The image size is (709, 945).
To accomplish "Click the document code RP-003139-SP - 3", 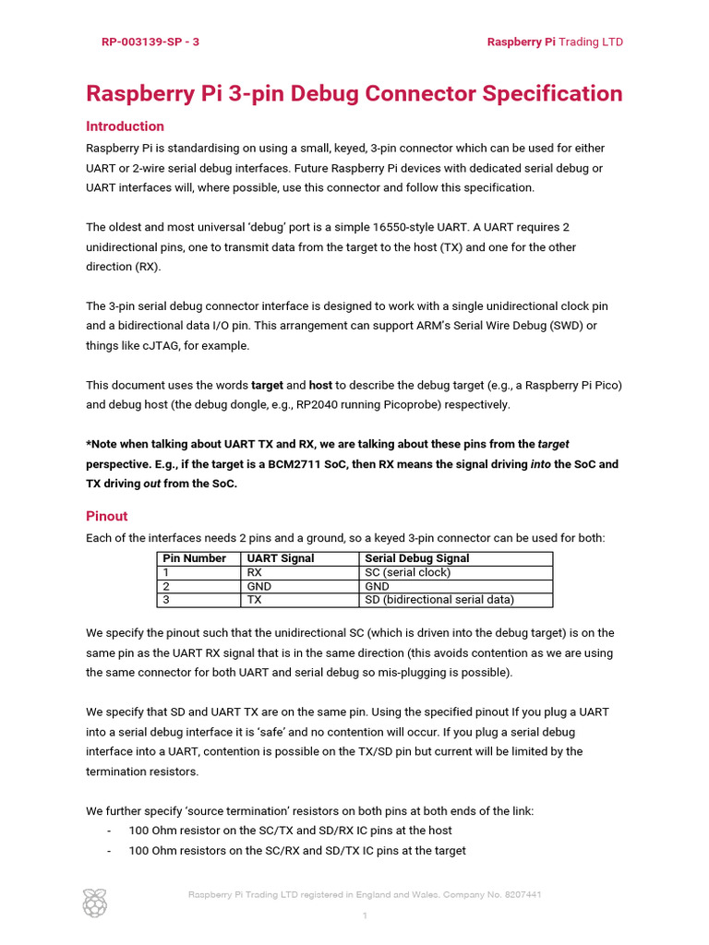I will pyautogui.click(x=150, y=42).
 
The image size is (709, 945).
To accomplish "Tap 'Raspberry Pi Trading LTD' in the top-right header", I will pyautogui.click(x=555, y=42).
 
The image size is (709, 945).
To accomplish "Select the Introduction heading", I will pyautogui.click(x=125, y=126).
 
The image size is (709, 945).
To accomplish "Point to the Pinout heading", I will pyautogui.click(x=106, y=516).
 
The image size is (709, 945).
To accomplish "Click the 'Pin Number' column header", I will pyautogui.click(x=194, y=558).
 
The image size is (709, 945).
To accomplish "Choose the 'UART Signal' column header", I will pyautogui.click(x=281, y=558).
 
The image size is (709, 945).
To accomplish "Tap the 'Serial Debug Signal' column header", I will pyautogui.click(x=416, y=558).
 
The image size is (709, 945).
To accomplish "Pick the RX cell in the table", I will pyautogui.click(x=255, y=572).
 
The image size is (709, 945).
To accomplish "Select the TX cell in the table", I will pyautogui.click(x=255, y=600).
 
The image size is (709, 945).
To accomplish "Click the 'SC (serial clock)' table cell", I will pyautogui.click(x=408, y=572).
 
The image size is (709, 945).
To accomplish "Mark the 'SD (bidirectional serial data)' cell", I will pyautogui.click(x=439, y=600).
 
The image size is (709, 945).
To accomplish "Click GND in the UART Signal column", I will pyautogui.click(x=258, y=586).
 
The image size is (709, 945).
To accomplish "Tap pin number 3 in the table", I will pyautogui.click(x=166, y=600).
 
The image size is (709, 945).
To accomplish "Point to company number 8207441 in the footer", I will pyautogui.click(x=519, y=894).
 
